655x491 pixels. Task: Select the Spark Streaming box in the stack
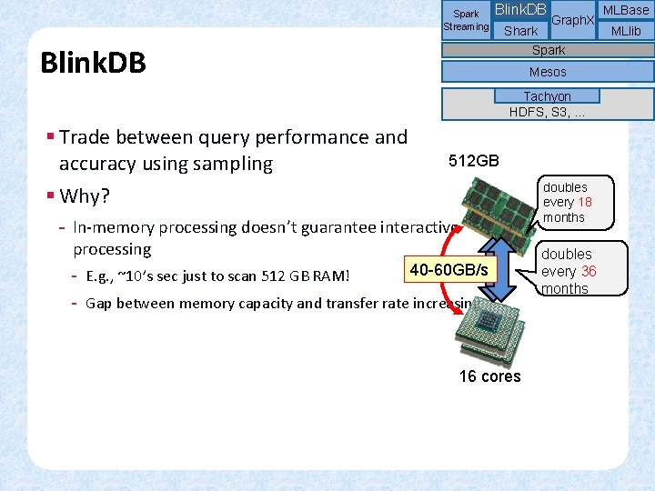click(466, 20)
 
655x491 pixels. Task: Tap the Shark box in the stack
click(520, 31)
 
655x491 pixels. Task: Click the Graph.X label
click(573, 20)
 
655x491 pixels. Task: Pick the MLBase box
click(626, 10)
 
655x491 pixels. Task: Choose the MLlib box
click(626, 31)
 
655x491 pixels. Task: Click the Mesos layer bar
click(548, 72)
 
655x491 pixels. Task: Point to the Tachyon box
click(547, 96)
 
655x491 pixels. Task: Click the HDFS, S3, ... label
click(547, 112)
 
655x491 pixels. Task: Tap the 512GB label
click(474, 161)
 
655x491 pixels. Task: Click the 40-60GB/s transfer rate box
click(448, 270)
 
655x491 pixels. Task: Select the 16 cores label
click(489, 376)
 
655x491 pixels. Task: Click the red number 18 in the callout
click(584, 203)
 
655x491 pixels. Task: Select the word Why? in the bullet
click(85, 196)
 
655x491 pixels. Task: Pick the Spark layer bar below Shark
click(548, 51)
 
